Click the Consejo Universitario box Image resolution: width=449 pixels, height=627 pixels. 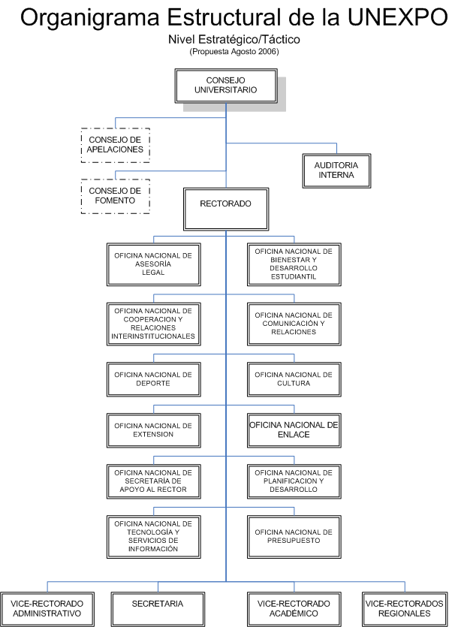pos(226,86)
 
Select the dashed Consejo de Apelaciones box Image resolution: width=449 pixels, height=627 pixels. pos(115,145)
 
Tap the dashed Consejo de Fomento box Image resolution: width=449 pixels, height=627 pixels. pos(115,196)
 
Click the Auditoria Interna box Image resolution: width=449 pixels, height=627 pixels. pos(336,170)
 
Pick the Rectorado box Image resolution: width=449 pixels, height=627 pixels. pos(226,210)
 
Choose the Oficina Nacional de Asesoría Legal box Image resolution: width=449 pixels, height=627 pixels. pos(153,264)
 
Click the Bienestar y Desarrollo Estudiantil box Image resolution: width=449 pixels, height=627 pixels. pos(294,264)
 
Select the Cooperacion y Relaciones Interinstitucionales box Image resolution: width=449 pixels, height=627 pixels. pos(153,324)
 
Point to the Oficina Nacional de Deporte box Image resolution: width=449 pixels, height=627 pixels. pos(153,379)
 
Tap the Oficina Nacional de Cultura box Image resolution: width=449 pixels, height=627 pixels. pos(294,379)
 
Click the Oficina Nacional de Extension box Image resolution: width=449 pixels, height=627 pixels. pos(153,430)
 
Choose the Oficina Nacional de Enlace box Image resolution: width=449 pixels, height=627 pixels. pos(294,430)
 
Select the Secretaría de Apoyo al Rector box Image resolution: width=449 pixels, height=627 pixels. pos(153,481)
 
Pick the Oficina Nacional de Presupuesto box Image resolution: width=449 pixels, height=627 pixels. pos(294,537)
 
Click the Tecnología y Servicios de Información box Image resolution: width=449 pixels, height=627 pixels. pos(153,537)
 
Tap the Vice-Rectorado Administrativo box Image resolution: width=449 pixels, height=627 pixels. pos(47,610)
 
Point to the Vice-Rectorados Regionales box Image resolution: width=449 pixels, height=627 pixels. pos(405,610)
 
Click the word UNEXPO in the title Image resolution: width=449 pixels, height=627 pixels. pos(397,17)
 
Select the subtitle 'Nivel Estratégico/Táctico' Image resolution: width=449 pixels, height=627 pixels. pos(234,39)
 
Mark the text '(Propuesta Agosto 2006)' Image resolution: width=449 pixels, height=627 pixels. pos(234,52)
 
